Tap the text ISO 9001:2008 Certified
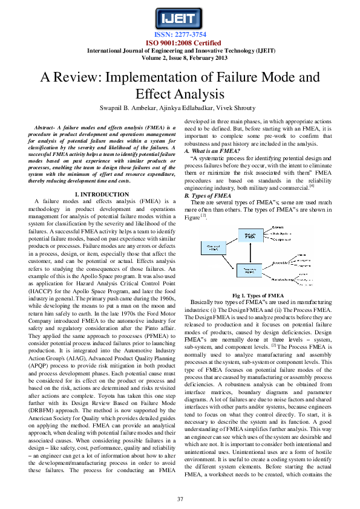click(180, 43)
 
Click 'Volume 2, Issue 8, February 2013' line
click(180, 57)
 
